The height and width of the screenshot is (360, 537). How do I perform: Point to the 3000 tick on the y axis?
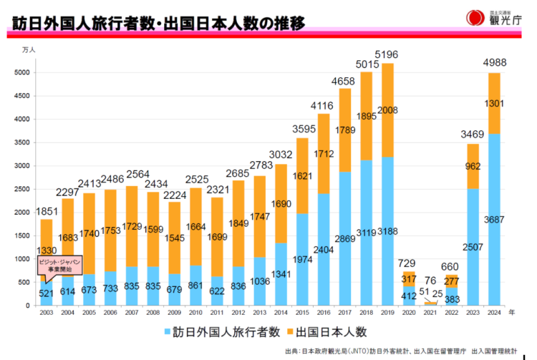[22, 166]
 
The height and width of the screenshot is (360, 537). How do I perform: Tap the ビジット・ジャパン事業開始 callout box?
[59, 265]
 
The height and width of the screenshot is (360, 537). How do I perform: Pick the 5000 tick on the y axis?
[22, 72]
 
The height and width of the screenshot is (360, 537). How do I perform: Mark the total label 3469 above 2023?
[472, 134]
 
